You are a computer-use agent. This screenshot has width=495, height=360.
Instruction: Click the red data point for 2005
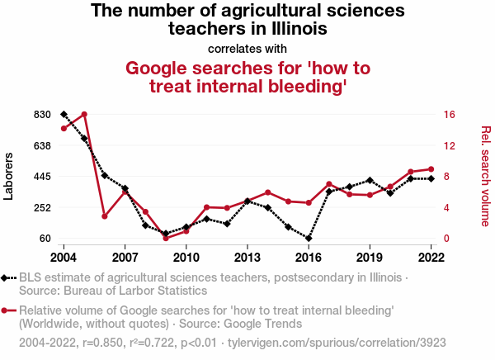(84, 114)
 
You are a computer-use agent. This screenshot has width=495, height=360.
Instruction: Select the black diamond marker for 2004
(64, 114)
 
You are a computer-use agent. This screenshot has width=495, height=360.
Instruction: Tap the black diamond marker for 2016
(309, 238)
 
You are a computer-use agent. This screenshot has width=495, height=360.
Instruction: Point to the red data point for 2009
(166, 238)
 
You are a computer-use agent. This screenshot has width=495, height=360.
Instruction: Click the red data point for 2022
(431, 169)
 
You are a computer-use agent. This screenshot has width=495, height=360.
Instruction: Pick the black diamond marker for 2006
(105, 175)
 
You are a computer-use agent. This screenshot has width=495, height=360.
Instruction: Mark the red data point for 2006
(105, 216)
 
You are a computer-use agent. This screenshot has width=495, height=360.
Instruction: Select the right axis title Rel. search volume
(486, 176)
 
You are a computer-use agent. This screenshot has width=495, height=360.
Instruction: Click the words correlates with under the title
(247, 47)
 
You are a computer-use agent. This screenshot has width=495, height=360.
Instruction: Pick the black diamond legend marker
(6, 277)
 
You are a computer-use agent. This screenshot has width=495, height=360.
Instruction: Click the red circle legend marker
(6, 310)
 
